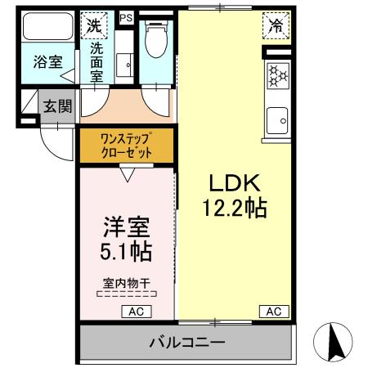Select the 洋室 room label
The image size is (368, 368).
126,226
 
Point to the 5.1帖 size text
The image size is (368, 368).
126,250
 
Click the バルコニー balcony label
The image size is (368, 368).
186,341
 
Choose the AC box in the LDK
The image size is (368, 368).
273,312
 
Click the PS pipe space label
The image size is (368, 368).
126,16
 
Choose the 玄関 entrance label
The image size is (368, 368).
56,105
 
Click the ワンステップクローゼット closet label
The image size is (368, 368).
126,146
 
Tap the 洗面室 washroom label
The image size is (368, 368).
96,61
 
